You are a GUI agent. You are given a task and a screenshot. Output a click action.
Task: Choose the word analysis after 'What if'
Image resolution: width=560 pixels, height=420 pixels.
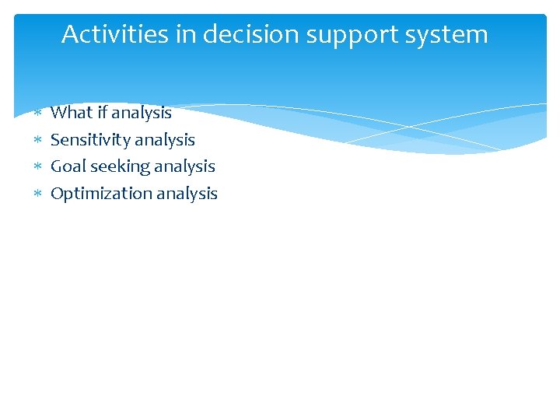(x=142, y=114)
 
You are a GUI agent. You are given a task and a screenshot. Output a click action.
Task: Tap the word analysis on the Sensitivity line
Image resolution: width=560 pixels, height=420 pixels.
(x=164, y=141)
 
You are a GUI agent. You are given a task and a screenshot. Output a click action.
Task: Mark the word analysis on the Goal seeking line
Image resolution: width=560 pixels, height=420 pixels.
(x=184, y=167)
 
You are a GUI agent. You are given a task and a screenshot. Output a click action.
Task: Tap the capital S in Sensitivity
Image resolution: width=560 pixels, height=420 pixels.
(x=55, y=140)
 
